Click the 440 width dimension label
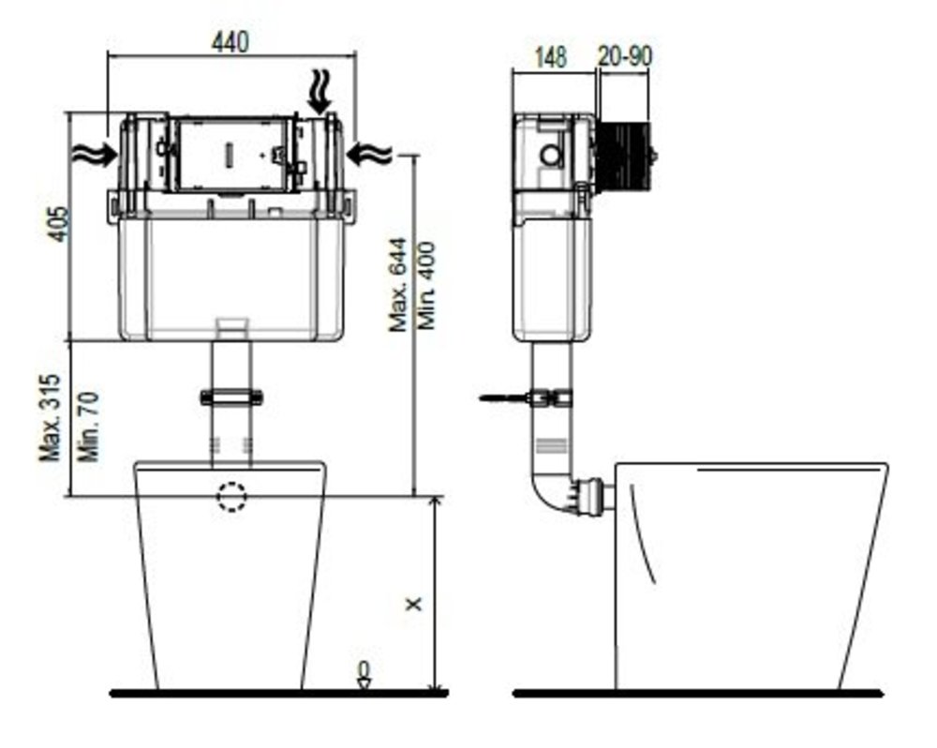tap(230, 42)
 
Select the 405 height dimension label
tap(58, 224)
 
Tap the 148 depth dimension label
tap(550, 57)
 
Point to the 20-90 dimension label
tap(624, 56)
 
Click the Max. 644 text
tap(398, 285)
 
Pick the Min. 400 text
tap(426, 285)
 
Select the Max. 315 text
tap(51, 418)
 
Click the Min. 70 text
tap(88, 426)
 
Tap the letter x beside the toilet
tap(413, 604)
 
